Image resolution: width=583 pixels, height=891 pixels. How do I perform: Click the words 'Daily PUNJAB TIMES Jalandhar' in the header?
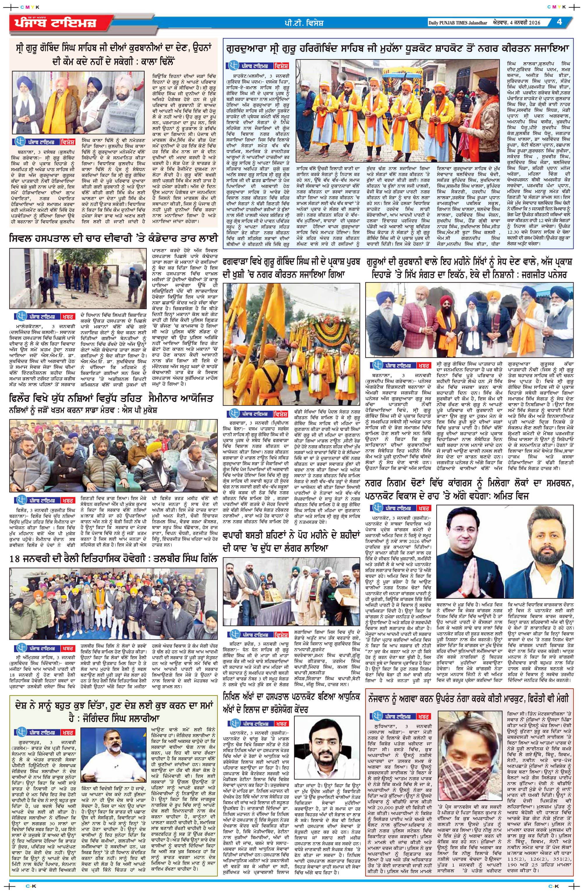point(457,23)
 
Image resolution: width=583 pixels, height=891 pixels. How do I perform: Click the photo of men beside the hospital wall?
point(79,276)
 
